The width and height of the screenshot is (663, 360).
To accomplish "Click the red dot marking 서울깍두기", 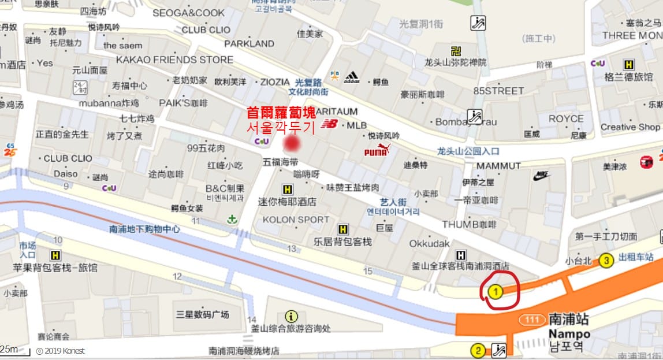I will (293, 143).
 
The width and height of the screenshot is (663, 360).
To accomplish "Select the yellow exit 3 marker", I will (606, 261).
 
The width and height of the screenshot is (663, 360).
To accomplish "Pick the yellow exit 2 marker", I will (478, 350).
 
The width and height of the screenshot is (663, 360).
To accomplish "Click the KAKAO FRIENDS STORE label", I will (174, 60).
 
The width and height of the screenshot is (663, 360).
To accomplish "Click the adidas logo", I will (352, 77).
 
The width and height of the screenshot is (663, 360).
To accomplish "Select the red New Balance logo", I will (330, 124).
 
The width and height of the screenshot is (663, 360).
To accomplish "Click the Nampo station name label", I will (569, 333).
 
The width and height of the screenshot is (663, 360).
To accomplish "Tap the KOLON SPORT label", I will (296, 220).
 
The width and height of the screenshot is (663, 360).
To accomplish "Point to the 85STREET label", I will (498, 91).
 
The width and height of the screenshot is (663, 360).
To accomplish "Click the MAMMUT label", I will (498, 166).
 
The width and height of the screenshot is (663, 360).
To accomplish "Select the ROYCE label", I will (566, 118).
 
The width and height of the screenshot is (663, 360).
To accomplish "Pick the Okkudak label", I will (429, 243).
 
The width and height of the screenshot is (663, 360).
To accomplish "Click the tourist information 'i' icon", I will (291, 316).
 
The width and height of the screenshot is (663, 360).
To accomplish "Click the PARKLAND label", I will (249, 43).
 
